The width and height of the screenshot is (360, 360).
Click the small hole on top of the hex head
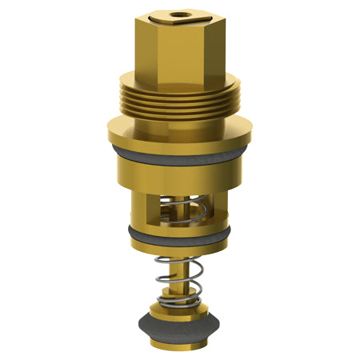174,14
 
